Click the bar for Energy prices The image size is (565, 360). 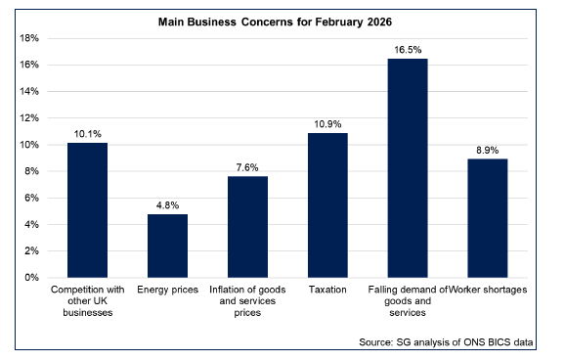pyautogui.click(x=167, y=246)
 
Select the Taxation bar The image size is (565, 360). pyautogui.click(x=327, y=205)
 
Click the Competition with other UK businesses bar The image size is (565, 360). pyautogui.click(x=87, y=210)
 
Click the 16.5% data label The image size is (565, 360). pyautogui.click(x=408, y=49)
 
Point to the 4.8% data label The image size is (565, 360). pyautogui.click(x=167, y=204)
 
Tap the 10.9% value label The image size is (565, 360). pyautogui.click(x=327, y=123)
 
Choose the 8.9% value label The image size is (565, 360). pyautogui.click(x=488, y=150)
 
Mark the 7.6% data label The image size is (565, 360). pyautogui.click(x=247, y=167)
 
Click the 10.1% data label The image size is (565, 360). pyautogui.click(x=87, y=134)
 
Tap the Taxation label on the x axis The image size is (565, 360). pyautogui.click(x=327, y=291)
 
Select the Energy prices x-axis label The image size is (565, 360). pyautogui.click(x=167, y=291)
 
